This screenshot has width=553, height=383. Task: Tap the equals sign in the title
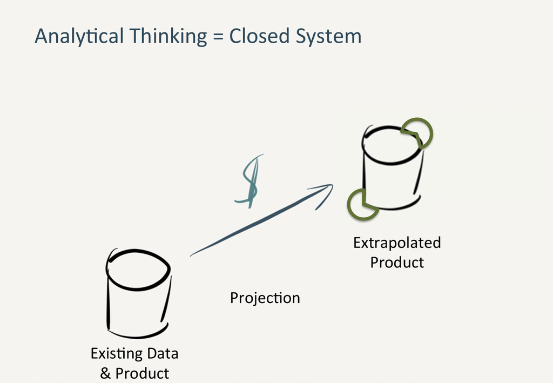(x=219, y=37)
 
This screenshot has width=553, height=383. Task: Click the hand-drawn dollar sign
(x=250, y=182)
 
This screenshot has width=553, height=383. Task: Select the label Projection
(x=265, y=298)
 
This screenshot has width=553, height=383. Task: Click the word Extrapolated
(x=397, y=243)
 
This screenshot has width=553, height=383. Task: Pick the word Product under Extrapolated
(x=397, y=263)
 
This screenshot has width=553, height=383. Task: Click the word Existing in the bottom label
(x=116, y=354)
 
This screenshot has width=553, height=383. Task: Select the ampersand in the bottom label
(x=105, y=373)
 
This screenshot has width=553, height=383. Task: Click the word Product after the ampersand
(x=142, y=373)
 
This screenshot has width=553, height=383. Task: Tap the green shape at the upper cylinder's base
(x=361, y=205)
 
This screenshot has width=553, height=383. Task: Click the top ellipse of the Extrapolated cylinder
(x=393, y=145)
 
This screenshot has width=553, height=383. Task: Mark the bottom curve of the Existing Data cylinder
(x=138, y=331)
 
